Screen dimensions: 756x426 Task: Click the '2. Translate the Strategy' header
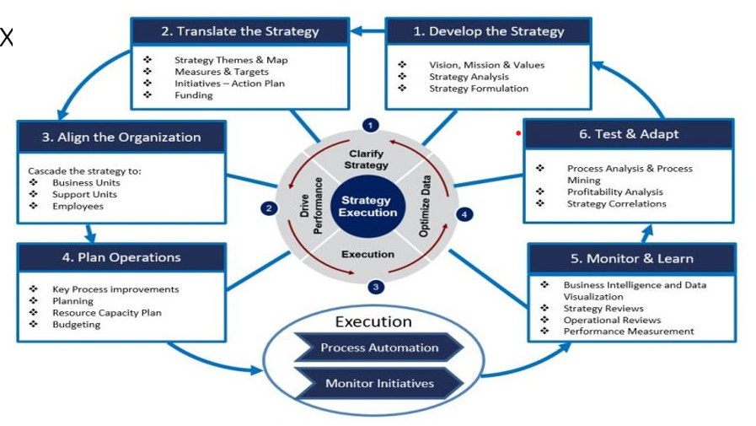click(x=240, y=31)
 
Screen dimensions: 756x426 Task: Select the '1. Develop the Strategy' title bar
click(x=489, y=31)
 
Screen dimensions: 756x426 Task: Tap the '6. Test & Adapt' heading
click(x=629, y=134)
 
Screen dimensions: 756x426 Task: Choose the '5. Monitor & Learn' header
click(x=632, y=259)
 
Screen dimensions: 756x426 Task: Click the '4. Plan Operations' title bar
click(x=121, y=257)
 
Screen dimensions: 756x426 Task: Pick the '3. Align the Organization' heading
click(x=121, y=137)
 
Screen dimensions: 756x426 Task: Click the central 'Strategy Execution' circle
click(x=367, y=207)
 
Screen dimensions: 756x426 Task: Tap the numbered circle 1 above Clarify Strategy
click(x=370, y=126)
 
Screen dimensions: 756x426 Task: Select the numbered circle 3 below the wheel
click(x=376, y=287)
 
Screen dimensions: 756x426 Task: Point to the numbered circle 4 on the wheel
click(x=464, y=215)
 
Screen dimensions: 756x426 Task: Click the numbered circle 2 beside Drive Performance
click(x=269, y=208)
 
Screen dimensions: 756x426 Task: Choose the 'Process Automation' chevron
click(x=379, y=348)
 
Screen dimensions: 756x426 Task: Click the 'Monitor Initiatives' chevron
click(x=379, y=383)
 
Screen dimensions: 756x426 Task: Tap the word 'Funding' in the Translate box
click(x=193, y=95)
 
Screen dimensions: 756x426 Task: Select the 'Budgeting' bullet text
click(x=76, y=324)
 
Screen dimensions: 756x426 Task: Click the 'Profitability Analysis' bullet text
click(x=614, y=192)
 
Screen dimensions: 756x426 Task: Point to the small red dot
click(x=518, y=133)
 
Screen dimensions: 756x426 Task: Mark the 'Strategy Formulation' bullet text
click(x=479, y=89)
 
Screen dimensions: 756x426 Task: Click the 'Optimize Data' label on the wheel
click(x=424, y=206)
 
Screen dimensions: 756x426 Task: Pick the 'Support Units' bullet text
click(x=84, y=194)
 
